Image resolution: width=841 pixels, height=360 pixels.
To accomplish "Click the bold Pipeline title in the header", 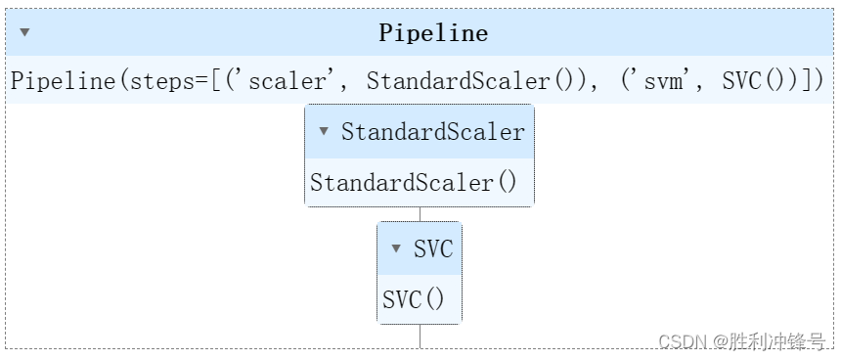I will [x=433, y=33].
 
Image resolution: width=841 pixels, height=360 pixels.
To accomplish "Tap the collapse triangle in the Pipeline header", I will [x=24, y=32].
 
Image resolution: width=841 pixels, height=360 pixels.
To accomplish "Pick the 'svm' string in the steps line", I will [x=664, y=81].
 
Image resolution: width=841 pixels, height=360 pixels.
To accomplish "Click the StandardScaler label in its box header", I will [x=432, y=132].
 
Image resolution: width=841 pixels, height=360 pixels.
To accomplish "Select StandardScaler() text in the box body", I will [x=414, y=182].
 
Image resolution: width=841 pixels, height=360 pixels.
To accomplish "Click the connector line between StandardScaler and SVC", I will [x=420, y=214].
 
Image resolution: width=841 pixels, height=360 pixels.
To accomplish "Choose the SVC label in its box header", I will [x=433, y=248].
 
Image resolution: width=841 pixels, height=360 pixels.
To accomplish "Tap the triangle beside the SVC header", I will [x=396, y=248].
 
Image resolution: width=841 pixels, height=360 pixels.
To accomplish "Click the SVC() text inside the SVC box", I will [x=414, y=299].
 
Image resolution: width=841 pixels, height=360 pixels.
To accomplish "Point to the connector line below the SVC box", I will [x=420, y=336].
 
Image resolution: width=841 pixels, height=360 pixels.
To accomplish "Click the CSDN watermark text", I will [x=682, y=341].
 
